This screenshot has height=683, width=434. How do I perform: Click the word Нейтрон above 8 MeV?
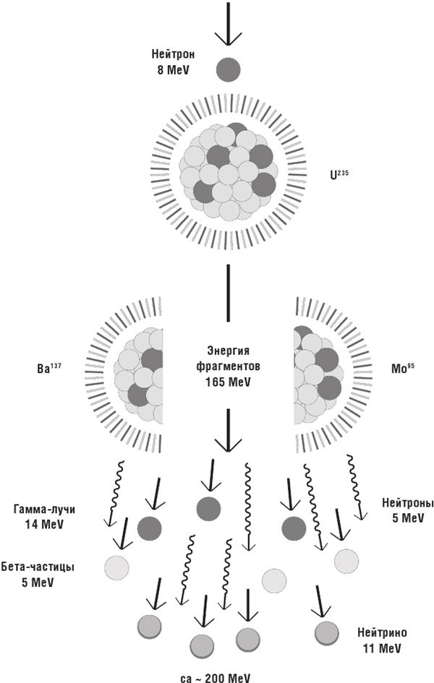coord(173,54)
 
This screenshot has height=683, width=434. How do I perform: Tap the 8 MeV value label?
coord(174,69)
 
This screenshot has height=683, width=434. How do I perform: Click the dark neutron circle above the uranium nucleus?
coord(229,69)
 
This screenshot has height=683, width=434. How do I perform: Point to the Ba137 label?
coord(48,368)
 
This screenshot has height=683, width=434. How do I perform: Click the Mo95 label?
coord(402,368)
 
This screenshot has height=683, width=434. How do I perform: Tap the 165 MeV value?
coord(228,382)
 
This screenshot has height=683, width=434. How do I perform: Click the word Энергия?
coord(228,351)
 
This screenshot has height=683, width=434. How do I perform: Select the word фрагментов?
coord(228,366)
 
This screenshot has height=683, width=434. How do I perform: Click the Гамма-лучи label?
coord(44,510)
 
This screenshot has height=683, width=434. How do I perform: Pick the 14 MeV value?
coord(44,524)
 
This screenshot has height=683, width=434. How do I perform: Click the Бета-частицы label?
coord(38,567)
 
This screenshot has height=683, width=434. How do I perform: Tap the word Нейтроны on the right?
coord(408,503)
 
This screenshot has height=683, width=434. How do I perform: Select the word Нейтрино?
coord(382,632)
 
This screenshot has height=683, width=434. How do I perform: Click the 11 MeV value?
coord(382,648)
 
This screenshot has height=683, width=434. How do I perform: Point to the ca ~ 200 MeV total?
coord(216,678)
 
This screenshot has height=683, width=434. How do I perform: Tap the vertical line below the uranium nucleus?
coord(228,293)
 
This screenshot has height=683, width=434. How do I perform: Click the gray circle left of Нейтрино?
coord(327,633)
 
